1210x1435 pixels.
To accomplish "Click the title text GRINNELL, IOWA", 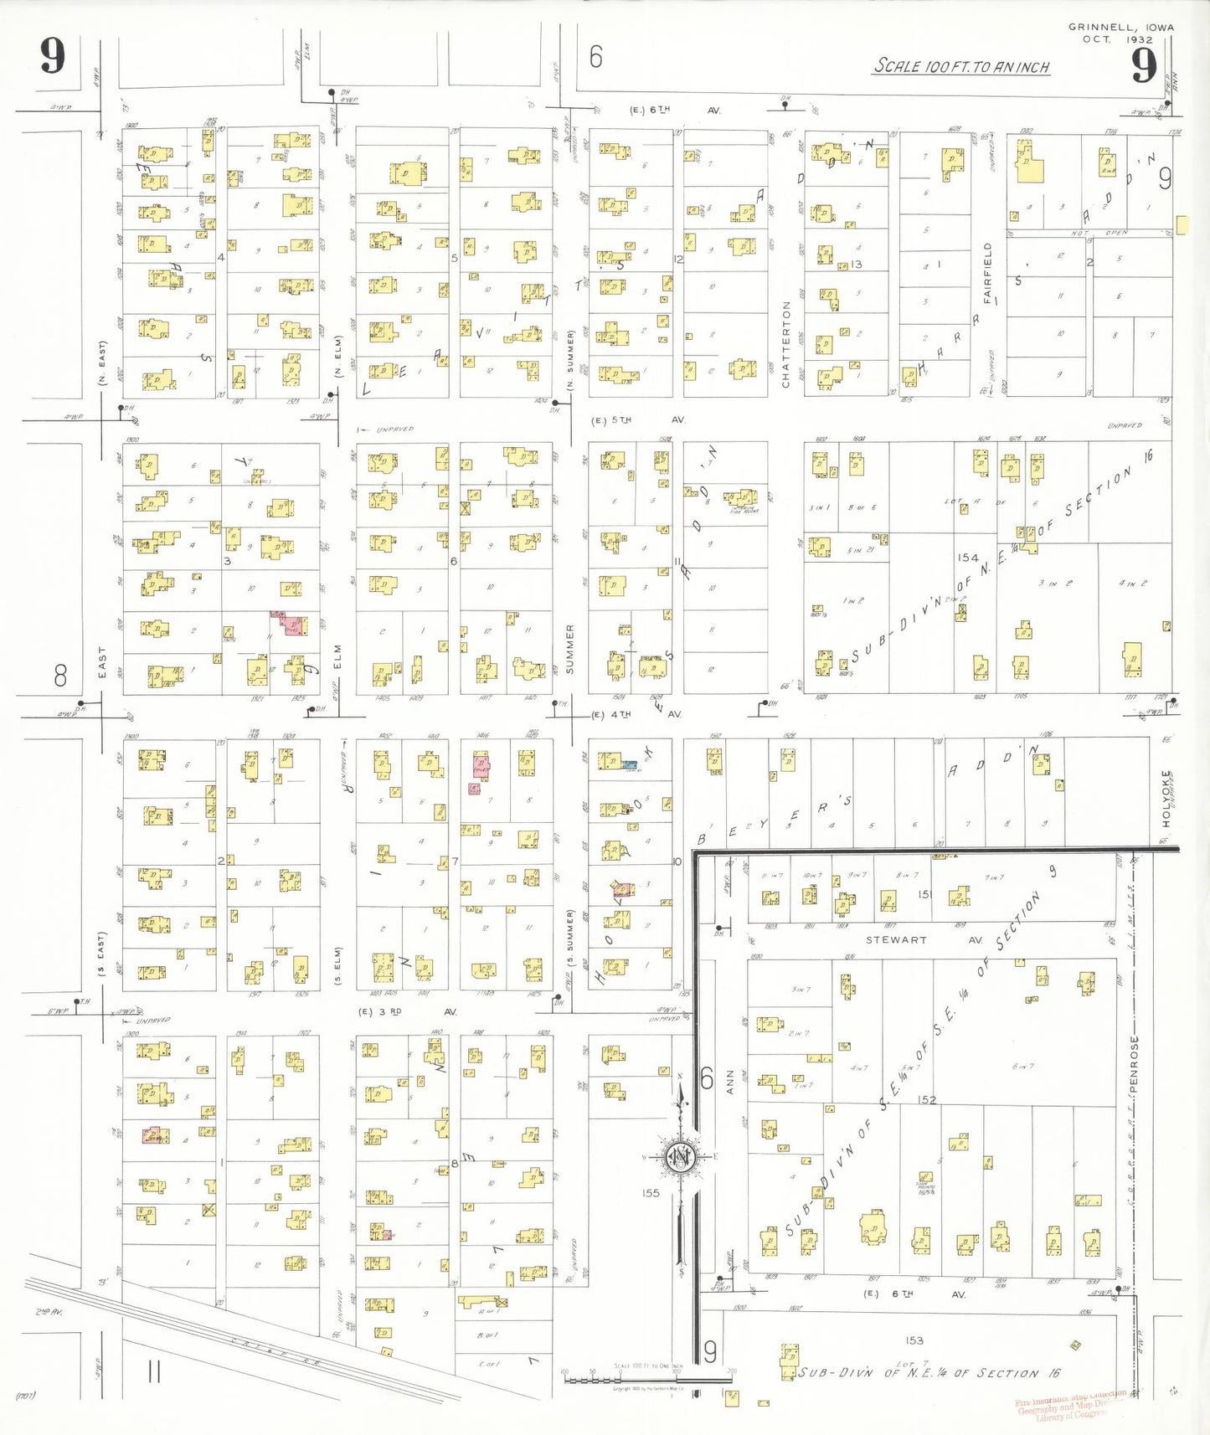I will pyautogui.click(x=1120, y=27).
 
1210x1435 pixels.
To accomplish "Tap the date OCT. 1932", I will pyautogui.click(x=1117, y=39).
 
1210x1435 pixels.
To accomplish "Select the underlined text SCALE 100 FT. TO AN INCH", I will pyautogui.click(x=961, y=66).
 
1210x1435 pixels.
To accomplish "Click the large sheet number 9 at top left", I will pyautogui.click(x=52, y=57).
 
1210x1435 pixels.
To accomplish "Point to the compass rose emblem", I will pyautogui.click(x=680, y=1158).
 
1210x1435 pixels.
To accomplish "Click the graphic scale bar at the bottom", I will pyautogui.click(x=646, y=1377).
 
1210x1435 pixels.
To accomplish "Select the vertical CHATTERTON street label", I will pyautogui.click(x=785, y=344).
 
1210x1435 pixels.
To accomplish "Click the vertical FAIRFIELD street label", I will pyautogui.click(x=988, y=273).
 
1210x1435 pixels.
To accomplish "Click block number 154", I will pyautogui.click(x=968, y=558).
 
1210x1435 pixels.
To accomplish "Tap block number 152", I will pyautogui.click(x=926, y=1099).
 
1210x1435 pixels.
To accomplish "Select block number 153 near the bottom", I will pyautogui.click(x=914, y=1340).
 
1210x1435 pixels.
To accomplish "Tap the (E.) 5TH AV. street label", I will pyautogui.click(x=638, y=420).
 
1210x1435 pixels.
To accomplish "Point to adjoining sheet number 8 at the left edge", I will pyautogui.click(x=60, y=675).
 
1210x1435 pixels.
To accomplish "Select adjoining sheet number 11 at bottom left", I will pyautogui.click(x=154, y=1371).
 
